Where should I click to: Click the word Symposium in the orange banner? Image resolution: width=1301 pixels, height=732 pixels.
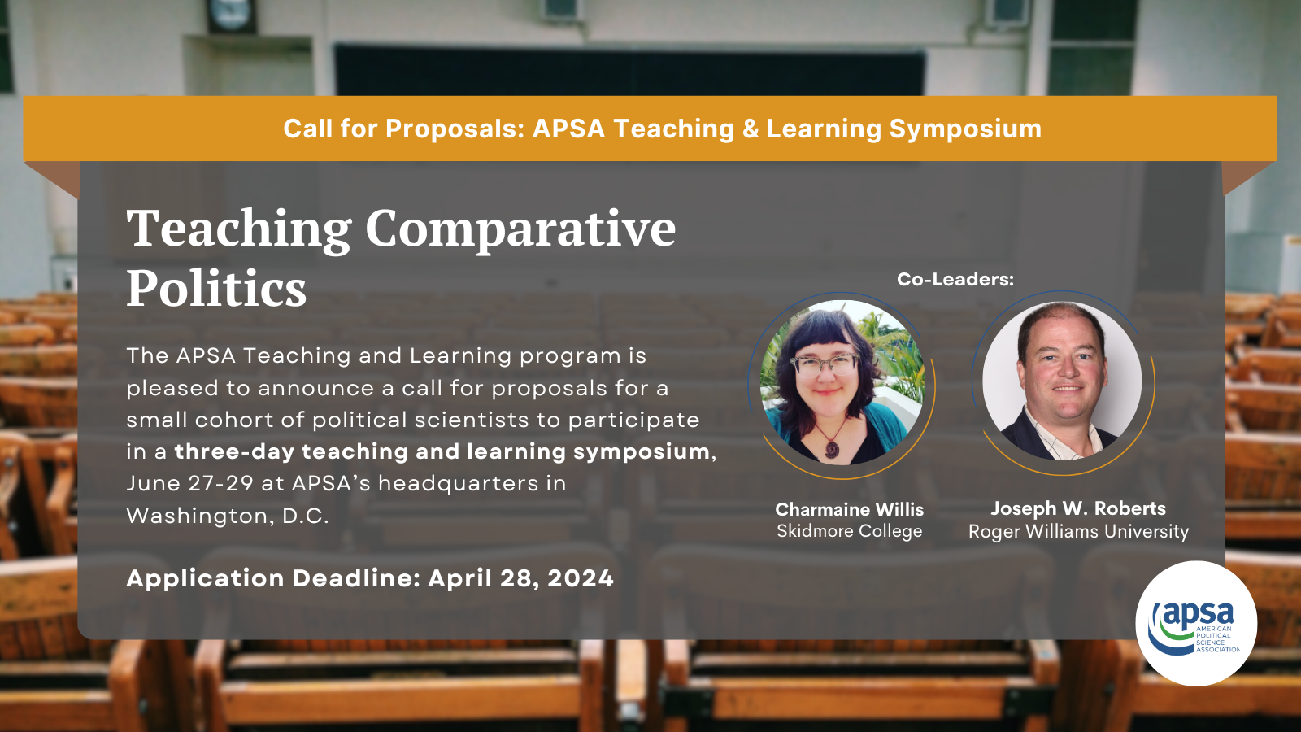(x=965, y=129)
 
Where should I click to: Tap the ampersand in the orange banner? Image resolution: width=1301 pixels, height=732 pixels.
(x=751, y=129)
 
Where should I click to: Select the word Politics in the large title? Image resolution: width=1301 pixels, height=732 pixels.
(x=216, y=288)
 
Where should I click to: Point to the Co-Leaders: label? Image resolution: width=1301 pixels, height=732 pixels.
(x=955, y=280)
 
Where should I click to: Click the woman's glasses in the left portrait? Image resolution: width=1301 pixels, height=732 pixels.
(x=825, y=365)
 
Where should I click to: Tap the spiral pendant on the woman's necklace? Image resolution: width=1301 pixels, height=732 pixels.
(x=833, y=449)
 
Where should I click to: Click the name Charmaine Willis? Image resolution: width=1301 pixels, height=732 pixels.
(x=849, y=509)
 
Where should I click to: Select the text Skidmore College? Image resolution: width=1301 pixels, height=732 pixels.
(x=849, y=531)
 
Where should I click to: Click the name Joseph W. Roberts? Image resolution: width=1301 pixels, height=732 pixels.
(x=1078, y=508)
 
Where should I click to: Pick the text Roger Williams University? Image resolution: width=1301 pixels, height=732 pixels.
(x=1078, y=532)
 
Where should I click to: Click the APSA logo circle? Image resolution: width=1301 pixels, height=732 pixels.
(x=1196, y=623)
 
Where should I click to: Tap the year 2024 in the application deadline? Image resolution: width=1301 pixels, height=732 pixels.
(x=581, y=578)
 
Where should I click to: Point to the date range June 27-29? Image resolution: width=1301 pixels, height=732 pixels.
(x=190, y=483)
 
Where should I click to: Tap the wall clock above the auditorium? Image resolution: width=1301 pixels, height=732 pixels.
(x=231, y=15)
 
